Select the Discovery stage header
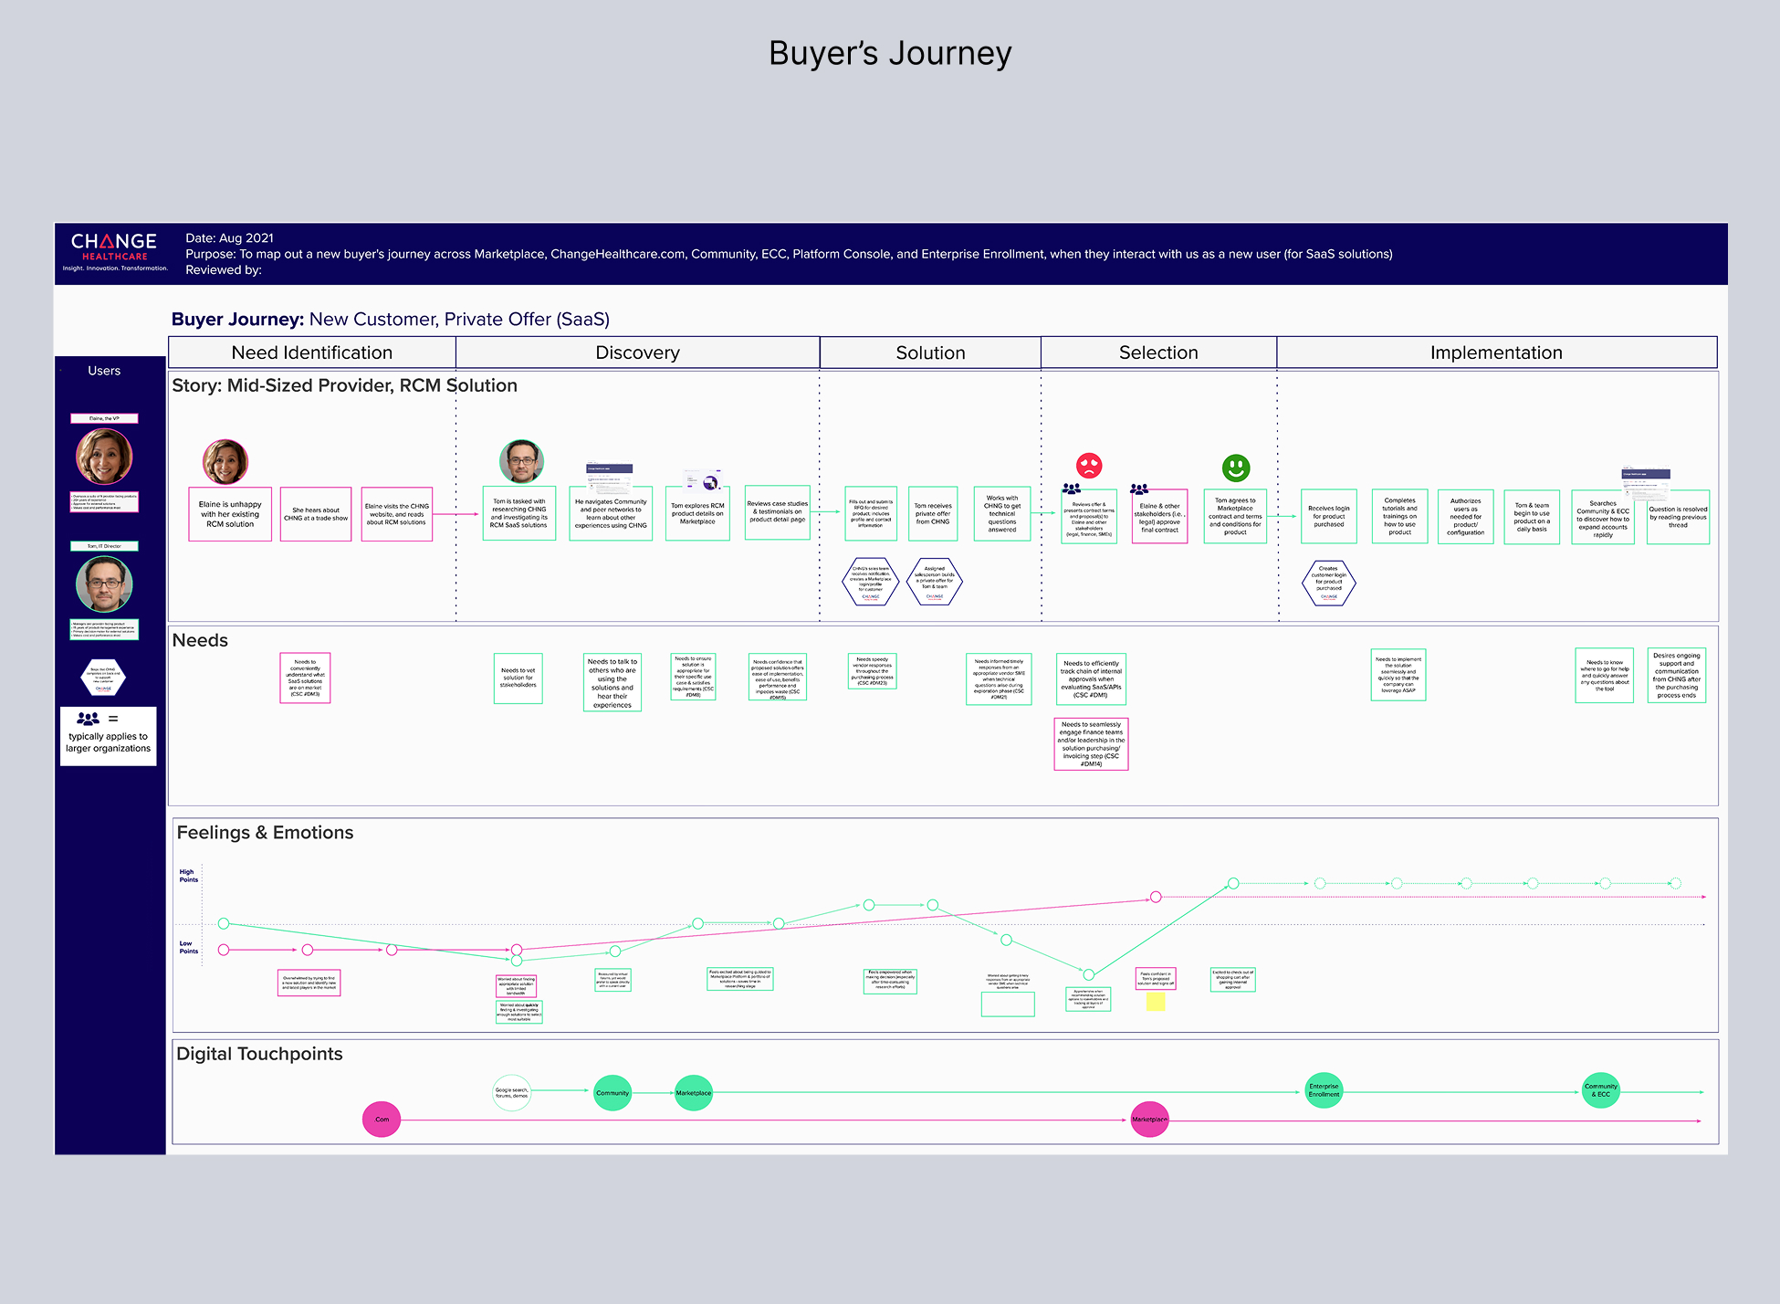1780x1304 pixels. click(637, 352)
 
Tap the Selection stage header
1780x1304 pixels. click(1158, 352)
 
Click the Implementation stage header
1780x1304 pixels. click(1496, 352)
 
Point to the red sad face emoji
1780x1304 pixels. click(1089, 466)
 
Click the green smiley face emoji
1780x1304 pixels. click(1236, 468)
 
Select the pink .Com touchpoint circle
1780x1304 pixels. click(382, 1120)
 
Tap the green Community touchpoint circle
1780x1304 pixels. click(613, 1093)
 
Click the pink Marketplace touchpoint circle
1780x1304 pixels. click(1149, 1120)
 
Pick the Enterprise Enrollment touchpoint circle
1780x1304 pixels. click(1324, 1090)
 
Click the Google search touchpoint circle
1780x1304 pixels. click(511, 1092)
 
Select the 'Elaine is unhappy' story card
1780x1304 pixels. click(230, 514)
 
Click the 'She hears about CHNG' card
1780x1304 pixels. click(316, 514)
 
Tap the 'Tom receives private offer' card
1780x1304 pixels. click(933, 514)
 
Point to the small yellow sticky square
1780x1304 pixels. click(1156, 1002)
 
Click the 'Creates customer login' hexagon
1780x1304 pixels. click(1328, 583)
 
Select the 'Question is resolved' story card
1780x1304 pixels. click(1678, 517)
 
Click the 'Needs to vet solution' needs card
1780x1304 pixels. click(518, 678)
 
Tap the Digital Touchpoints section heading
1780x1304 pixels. click(259, 1054)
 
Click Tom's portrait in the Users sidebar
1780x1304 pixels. click(104, 584)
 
